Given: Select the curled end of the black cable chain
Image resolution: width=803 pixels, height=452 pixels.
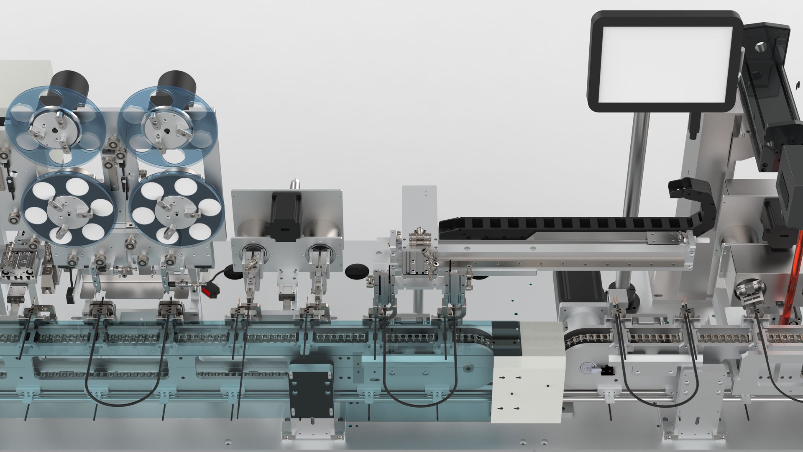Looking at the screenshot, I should pos(686,190).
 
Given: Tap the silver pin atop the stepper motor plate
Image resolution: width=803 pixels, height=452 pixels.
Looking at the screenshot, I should pos(296,184).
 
